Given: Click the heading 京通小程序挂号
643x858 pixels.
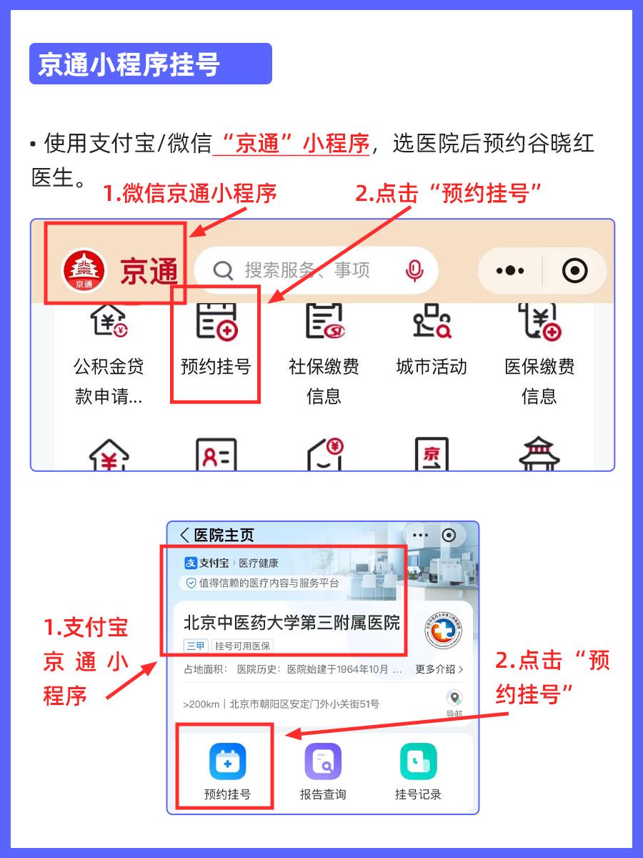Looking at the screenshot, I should [x=129, y=64].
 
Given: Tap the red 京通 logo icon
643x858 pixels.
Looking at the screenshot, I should [x=84, y=271].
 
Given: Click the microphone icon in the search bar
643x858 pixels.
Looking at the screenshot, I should [x=414, y=270].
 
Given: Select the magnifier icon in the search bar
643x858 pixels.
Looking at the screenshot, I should [x=224, y=271].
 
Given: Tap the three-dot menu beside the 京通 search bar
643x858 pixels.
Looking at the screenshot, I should [x=510, y=271].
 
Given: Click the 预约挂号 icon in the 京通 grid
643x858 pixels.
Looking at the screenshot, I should [x=217, y=322].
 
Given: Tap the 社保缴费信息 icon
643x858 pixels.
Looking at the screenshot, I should [x=324, y=322].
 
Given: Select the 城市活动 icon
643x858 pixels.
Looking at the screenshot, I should [x=432, y=322].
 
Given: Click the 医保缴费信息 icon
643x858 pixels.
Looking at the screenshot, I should [x=539, y=322].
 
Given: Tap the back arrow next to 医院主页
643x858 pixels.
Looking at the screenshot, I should [x=185, y=536].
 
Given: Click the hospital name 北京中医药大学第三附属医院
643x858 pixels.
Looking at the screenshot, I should [x=291, y=621].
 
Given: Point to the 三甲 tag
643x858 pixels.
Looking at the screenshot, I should [x=196, y=646].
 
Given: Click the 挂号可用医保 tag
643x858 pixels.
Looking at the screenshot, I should [x=243, y=646].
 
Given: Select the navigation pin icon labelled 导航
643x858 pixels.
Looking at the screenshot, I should [x=454, y=699].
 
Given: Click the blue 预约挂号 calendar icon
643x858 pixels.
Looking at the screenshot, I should [x=227, y=761].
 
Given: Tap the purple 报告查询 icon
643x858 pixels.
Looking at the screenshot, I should [x=323, y=761].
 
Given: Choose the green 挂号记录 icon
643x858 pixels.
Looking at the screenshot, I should [x=418, y=761].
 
